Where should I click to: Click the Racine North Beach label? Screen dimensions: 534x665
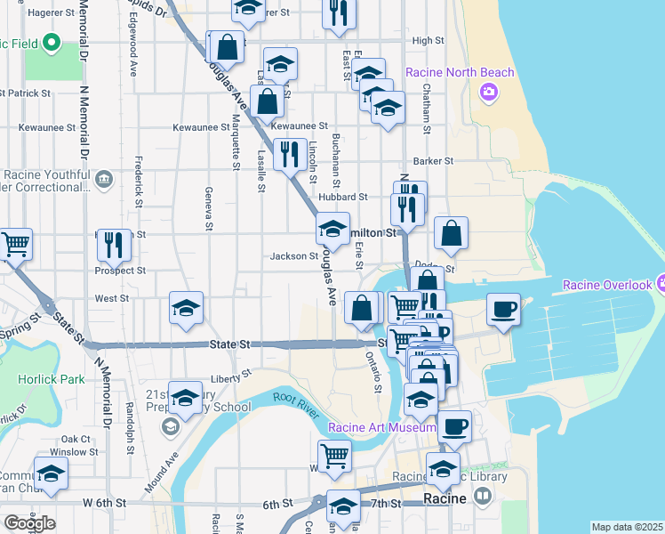click(x=460, y=72)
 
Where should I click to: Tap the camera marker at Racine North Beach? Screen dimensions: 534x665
click(x=488, y=92)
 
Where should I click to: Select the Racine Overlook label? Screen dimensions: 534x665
click(x=607, y=286)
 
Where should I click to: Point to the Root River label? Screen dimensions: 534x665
click(x=295, y=399)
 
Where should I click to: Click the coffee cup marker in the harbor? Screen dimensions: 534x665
click(x=504, y=311)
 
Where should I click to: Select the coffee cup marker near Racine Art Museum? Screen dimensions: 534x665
click(x=455, y=426)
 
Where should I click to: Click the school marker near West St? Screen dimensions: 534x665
click(x=187, y=309)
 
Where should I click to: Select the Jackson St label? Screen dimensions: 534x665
click(x=294, y=256)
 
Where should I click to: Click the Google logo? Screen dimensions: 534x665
click(x=29, y=523)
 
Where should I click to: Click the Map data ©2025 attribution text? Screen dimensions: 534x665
click(x=628, y=528)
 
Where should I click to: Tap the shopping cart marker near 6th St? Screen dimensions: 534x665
click(x=334, y=457)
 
